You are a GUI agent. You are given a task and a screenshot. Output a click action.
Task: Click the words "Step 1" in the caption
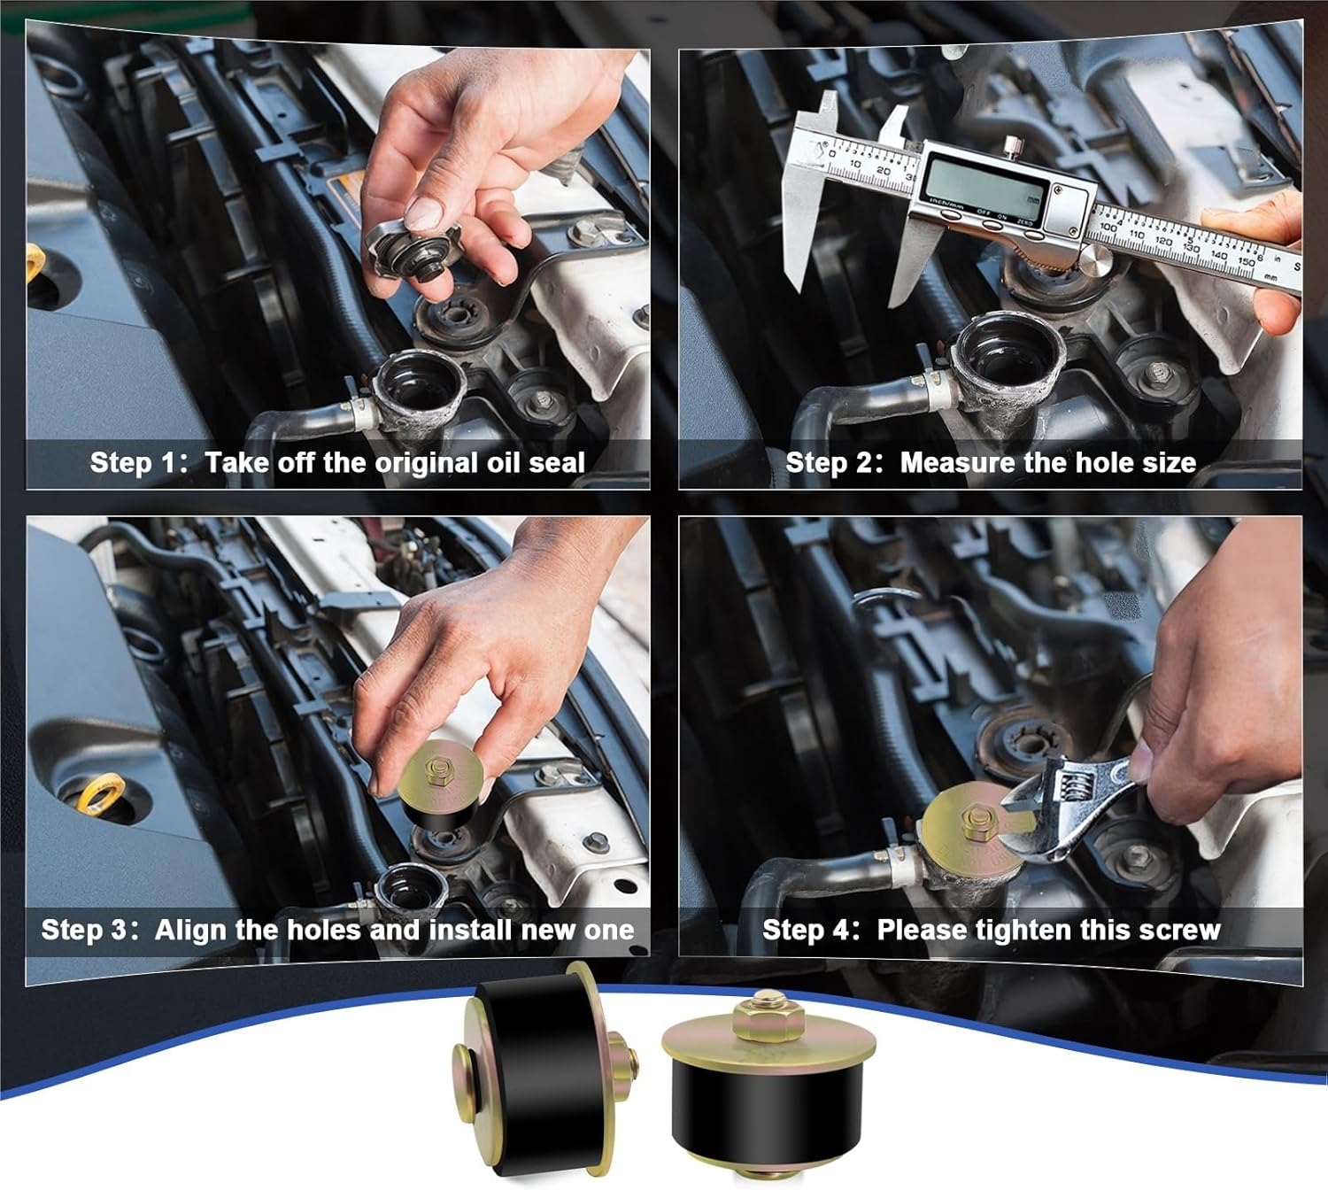tap(133, 462)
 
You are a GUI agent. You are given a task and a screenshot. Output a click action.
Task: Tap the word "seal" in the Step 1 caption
tap(556, 462)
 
